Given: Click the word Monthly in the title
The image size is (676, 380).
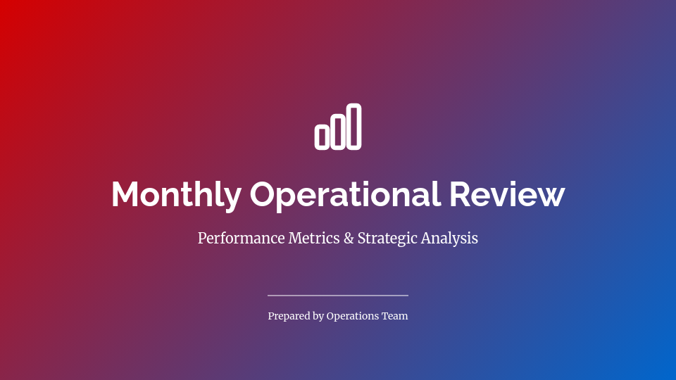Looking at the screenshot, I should (x=175, y=194).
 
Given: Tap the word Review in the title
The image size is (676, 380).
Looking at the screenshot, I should (x=507, y=194).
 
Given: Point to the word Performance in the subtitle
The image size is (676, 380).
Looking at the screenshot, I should (x=241, y=239).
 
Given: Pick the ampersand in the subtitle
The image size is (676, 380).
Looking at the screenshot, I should (x=348, y=238).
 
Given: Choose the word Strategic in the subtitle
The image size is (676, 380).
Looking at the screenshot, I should (x=387, y=239).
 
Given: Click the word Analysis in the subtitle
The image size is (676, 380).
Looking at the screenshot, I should (x=449, y=239).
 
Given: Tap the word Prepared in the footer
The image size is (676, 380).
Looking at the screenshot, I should (x=288, y=317).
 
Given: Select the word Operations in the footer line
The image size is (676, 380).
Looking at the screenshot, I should (x=353, y=317).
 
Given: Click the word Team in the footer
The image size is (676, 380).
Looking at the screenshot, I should (x=395, y=316).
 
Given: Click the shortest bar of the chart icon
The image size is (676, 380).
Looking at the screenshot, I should (x=322, y=137).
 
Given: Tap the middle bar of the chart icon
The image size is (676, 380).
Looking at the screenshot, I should (x=338, y=132).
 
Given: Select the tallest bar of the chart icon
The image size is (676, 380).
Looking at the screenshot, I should (x=354, y=127).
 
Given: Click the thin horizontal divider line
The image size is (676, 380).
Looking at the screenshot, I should (x=338, y=296).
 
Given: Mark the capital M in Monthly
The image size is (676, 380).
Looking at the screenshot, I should (x=126, y=194).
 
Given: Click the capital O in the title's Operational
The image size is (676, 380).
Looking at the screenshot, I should (x=265, y=194).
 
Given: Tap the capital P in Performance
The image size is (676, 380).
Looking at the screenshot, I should (x=202, y=238).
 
